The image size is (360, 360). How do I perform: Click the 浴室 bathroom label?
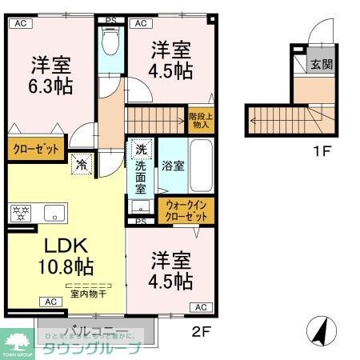174,166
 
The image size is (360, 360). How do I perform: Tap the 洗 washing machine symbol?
141,148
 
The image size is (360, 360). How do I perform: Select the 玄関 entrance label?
321,64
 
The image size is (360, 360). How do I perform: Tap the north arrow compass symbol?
320,329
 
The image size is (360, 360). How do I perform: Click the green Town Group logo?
18,342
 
